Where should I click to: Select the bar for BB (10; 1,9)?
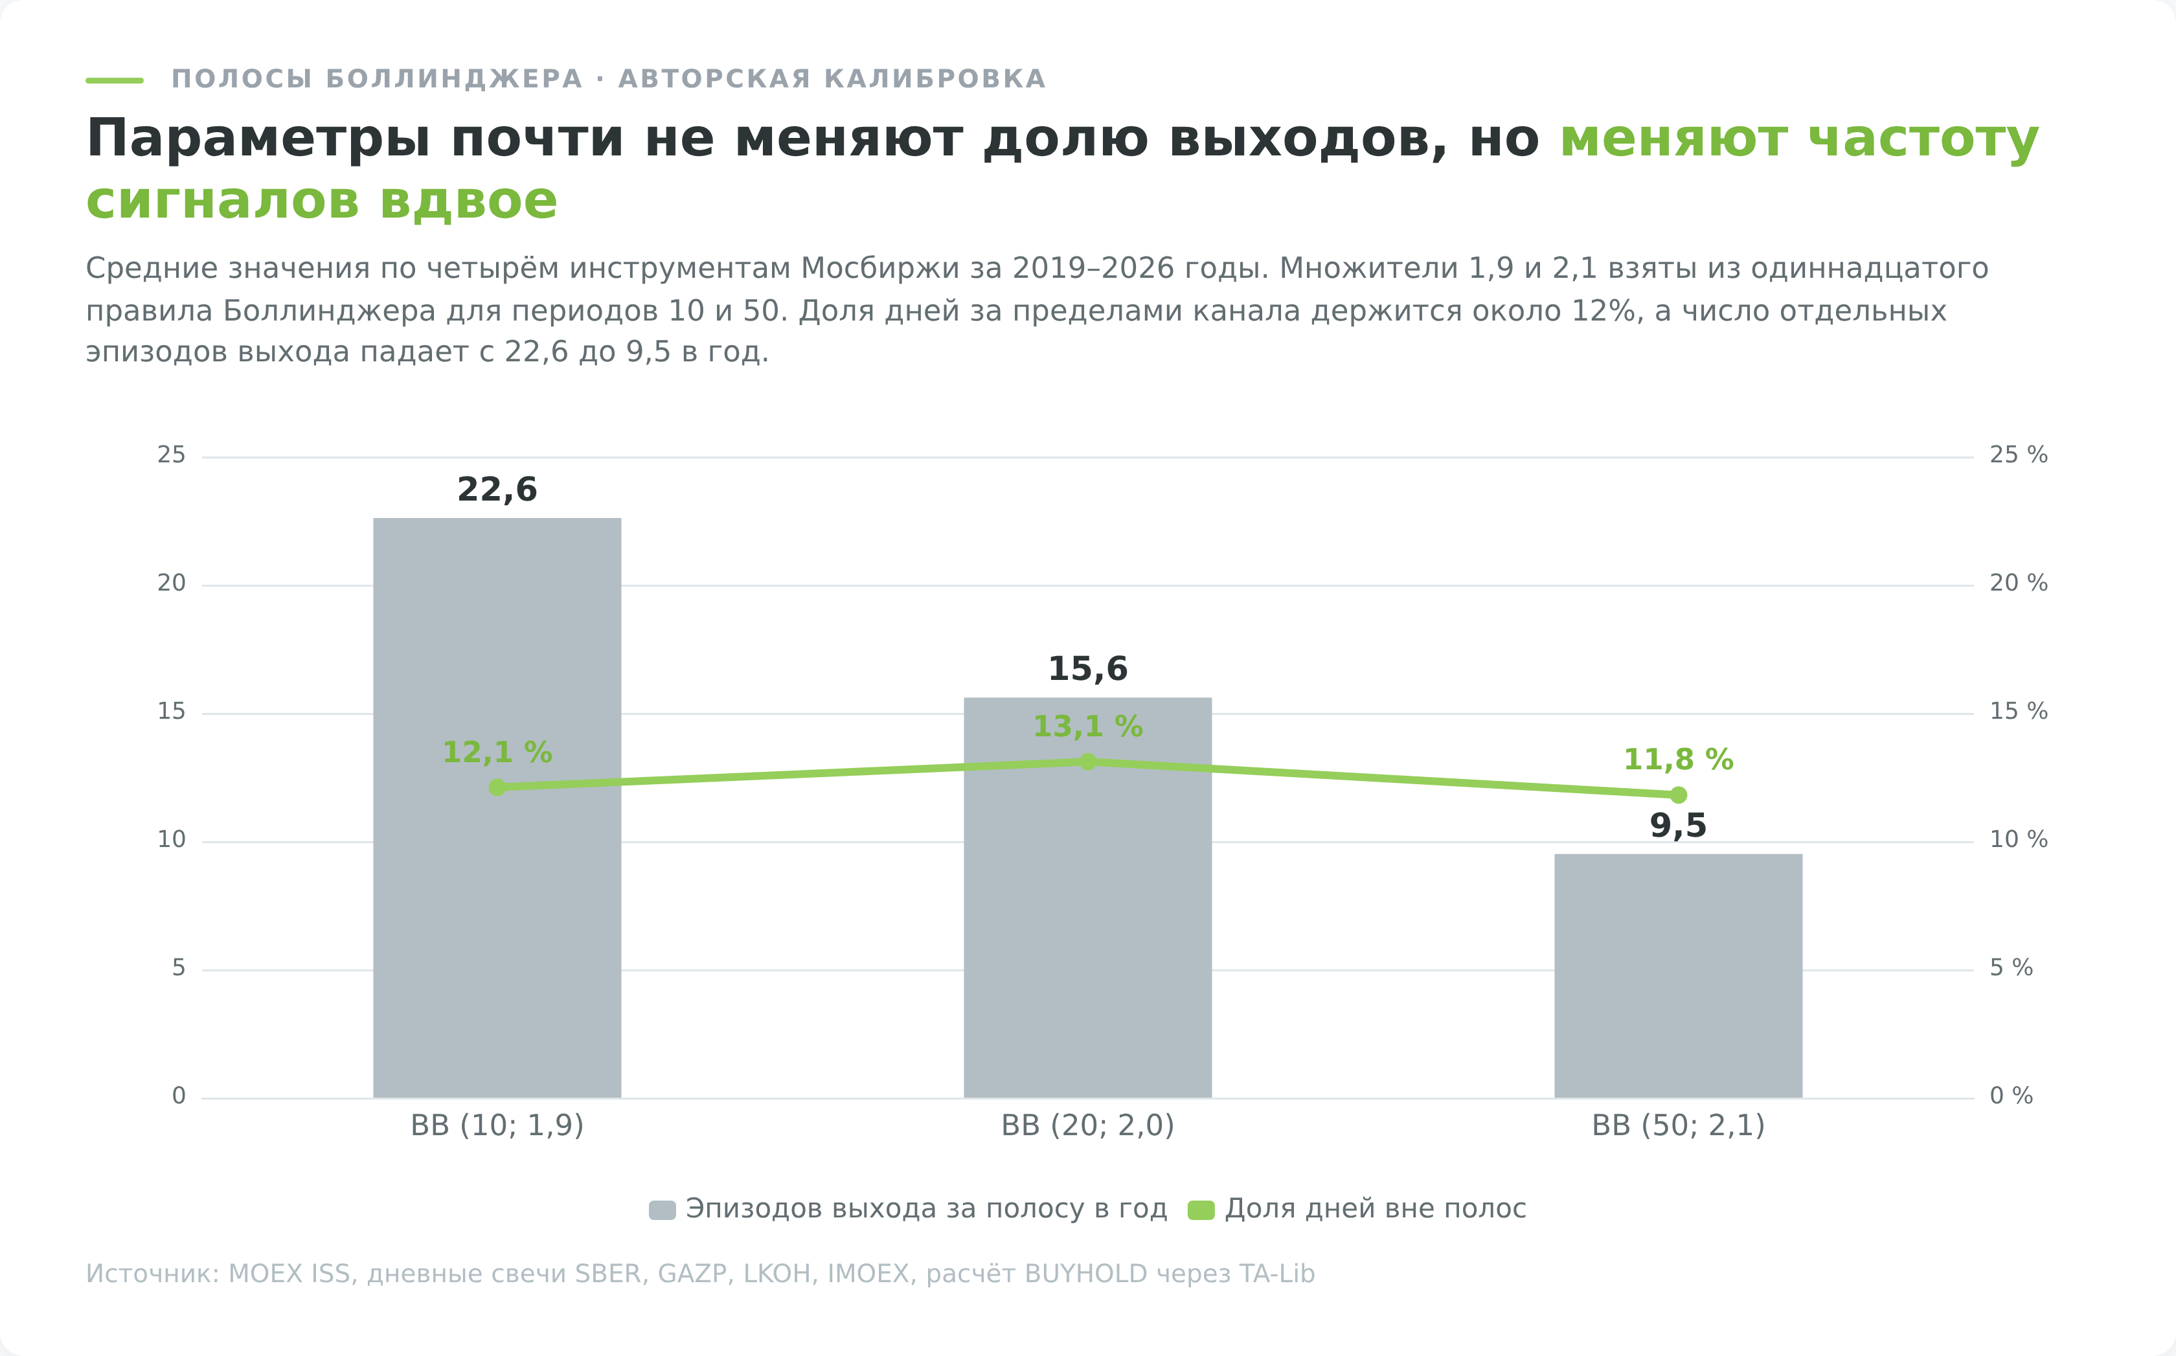[497, 807]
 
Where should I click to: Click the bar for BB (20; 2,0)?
[1087, 897]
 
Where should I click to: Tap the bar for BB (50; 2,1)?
[1678, 976]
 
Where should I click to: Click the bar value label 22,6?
[497, 490]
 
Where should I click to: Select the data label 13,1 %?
[1087, 727]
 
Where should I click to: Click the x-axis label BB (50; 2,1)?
[1678, 1125]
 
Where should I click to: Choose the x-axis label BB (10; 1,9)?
[497, 1125]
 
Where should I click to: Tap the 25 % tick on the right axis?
[2018, 456]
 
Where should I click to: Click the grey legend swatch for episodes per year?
[662, 1210]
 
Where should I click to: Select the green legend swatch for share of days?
[1201, 1210]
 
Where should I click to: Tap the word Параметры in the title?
[258, 141]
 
